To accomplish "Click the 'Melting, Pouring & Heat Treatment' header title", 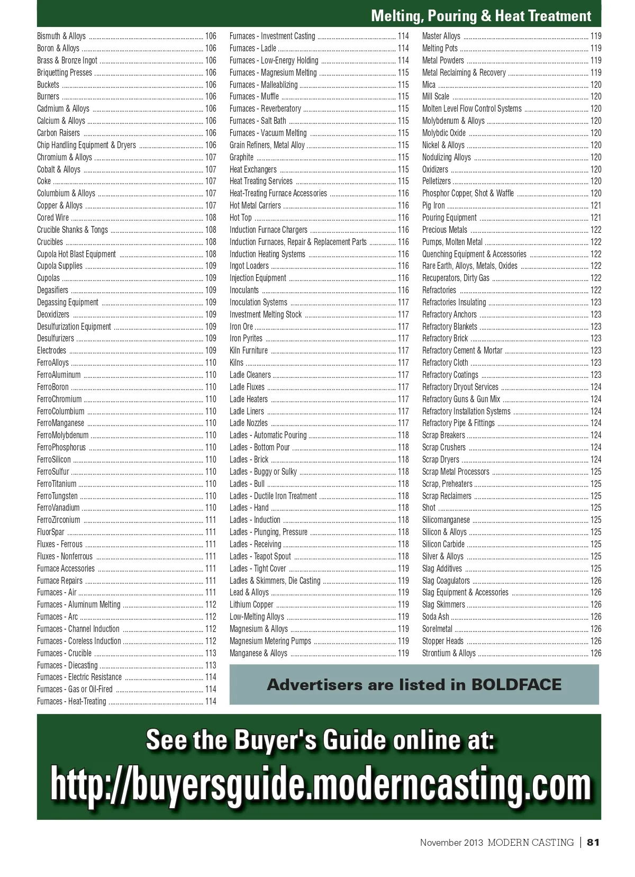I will (x=480, y=16).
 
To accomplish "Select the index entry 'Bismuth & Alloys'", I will (x=61, y=37).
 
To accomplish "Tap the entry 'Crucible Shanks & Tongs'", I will (x=72, y=230).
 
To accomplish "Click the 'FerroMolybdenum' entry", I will (x=63, y=436).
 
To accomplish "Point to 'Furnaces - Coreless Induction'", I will (x=79, y=641).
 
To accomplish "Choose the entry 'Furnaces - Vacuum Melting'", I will (x=268, y=133).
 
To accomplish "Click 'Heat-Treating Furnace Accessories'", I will (x=278, y=194).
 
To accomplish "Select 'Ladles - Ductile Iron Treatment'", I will (x=273, y=496).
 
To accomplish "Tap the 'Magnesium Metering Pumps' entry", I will (x=270, y=641).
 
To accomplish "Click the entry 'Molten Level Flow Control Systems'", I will (x=471, y=109).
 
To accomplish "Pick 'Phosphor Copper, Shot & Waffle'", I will (x=468, y=194).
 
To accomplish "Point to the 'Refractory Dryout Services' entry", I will (x=460, y=387).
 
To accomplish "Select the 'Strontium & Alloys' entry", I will (x=449, y=654).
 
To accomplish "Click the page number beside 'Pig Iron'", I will (x=596, y=206).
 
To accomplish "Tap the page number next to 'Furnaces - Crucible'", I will (x=211, y=654).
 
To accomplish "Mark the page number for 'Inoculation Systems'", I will (x=403, y=303).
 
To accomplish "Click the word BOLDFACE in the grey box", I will (x=516, y=685).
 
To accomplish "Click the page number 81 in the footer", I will (x=593, y=843).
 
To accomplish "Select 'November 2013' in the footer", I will (x=451, y=843).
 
